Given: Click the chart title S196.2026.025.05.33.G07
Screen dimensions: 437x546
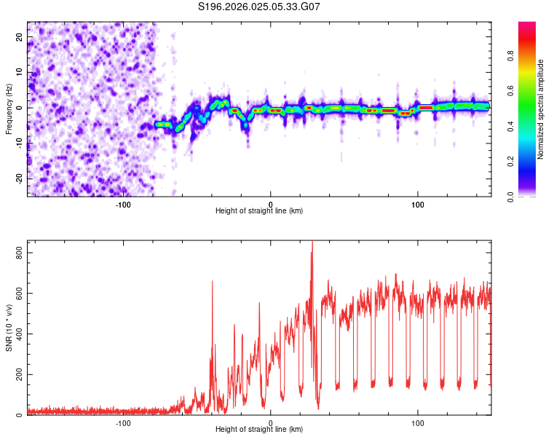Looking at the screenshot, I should click(x=260, y=7).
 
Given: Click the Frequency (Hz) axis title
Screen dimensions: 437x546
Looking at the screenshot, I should click(x=9, y=108).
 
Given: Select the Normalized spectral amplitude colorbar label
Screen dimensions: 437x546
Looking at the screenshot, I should click(x=541, y=109).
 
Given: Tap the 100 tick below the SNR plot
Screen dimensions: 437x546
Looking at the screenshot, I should click(x=418, y=422).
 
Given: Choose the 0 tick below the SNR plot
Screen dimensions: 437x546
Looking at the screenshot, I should click(x=271, y=422).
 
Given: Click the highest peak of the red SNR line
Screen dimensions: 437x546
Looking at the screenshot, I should click(x=312, y=243).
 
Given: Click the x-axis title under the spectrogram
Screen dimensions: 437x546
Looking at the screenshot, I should click(x=259, y=211).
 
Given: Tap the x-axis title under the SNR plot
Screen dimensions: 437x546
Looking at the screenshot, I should click(x=259, y=430).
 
